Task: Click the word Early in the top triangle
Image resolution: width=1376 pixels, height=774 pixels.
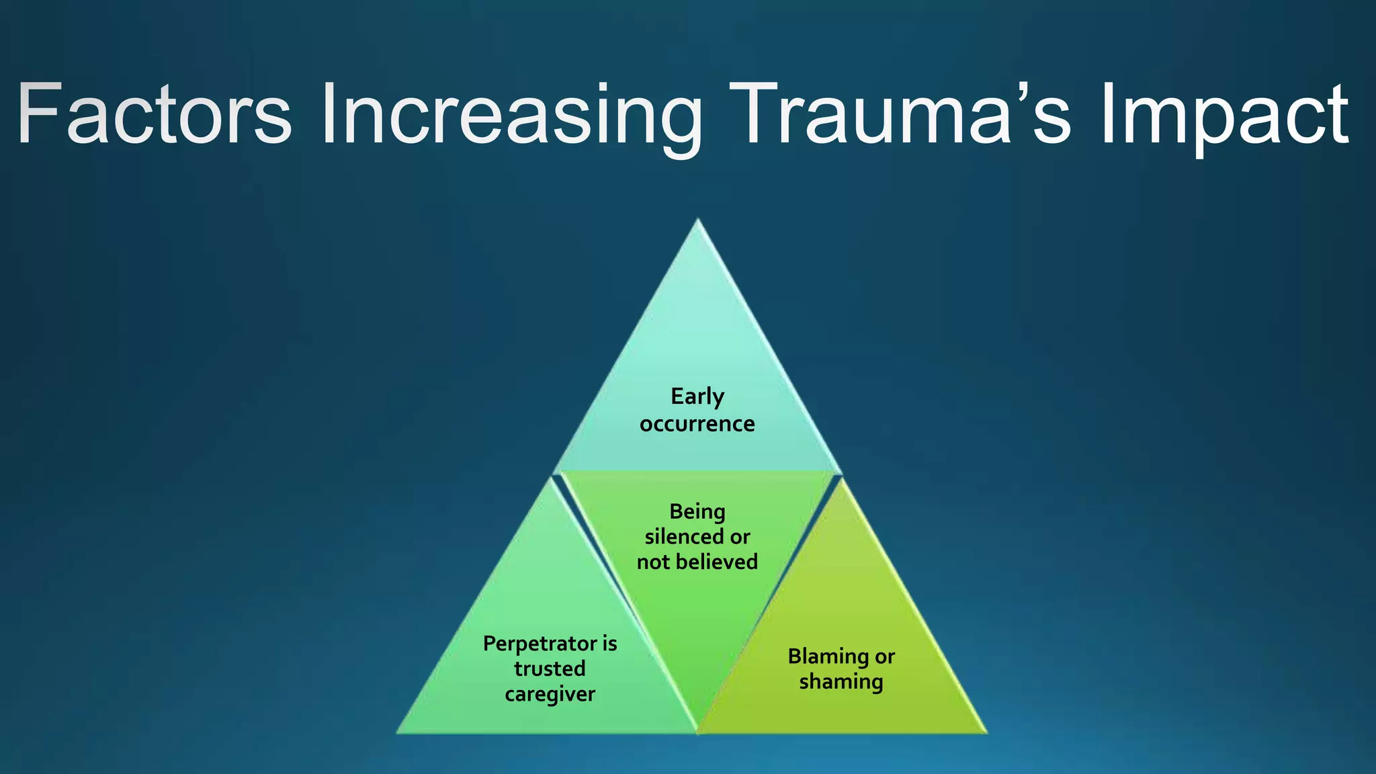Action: click(697, 396)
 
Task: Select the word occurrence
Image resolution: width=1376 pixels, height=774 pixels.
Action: click(697, 424)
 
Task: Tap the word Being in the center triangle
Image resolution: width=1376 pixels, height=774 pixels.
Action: click(697, 512)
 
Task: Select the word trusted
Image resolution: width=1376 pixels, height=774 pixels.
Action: click(550, 669)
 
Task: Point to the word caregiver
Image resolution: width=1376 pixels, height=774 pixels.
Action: click(550, 694)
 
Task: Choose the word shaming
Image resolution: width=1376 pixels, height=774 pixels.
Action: click(841, 681)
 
